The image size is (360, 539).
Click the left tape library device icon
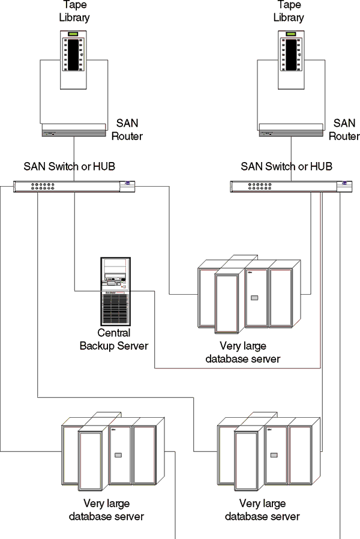click(x=74, y=59)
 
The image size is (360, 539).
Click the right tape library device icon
click(x=292, y=59)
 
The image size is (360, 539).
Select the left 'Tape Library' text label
click(x=74, y=11)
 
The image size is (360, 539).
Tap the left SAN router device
click(x=74, y=131)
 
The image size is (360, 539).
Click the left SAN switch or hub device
click(x=74, y=186)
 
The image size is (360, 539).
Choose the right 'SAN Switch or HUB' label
click(x=286, y=166)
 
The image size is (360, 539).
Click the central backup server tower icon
click(x=115, y=291)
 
